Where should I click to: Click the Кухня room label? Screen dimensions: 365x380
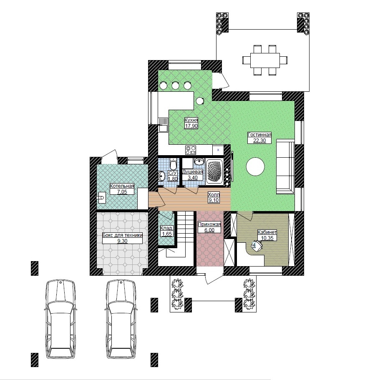coord(191,120)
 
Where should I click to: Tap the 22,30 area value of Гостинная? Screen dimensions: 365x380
coord(259,141)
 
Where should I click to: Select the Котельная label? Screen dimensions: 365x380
coord(122,186)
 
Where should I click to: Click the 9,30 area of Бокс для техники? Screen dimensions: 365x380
coord(122,241)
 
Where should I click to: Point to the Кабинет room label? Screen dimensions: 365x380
coord(267,232)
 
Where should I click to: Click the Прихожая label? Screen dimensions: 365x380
coord(209,224)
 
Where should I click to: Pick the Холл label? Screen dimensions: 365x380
coord(214,195)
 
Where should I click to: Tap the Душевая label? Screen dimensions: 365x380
coord(192,172)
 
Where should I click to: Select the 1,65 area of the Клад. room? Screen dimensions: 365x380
coord(166,234)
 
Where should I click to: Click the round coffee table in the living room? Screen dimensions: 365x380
coord(255,166)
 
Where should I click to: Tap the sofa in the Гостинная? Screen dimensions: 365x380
coord(285,166)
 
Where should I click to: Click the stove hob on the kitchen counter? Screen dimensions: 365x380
coord(191,150)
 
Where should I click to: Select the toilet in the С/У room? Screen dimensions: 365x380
coord(173,164)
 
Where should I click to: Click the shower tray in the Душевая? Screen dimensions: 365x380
coord(214,172)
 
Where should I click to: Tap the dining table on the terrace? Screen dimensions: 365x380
coord(265,60)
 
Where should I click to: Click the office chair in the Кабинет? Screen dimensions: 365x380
coord(257,246)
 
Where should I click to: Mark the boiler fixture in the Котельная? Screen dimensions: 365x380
coord(101,197)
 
